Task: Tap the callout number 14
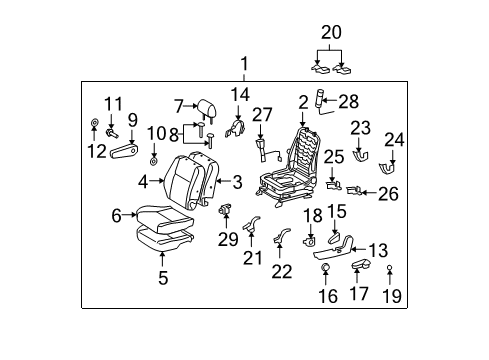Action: tap(239, 95)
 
